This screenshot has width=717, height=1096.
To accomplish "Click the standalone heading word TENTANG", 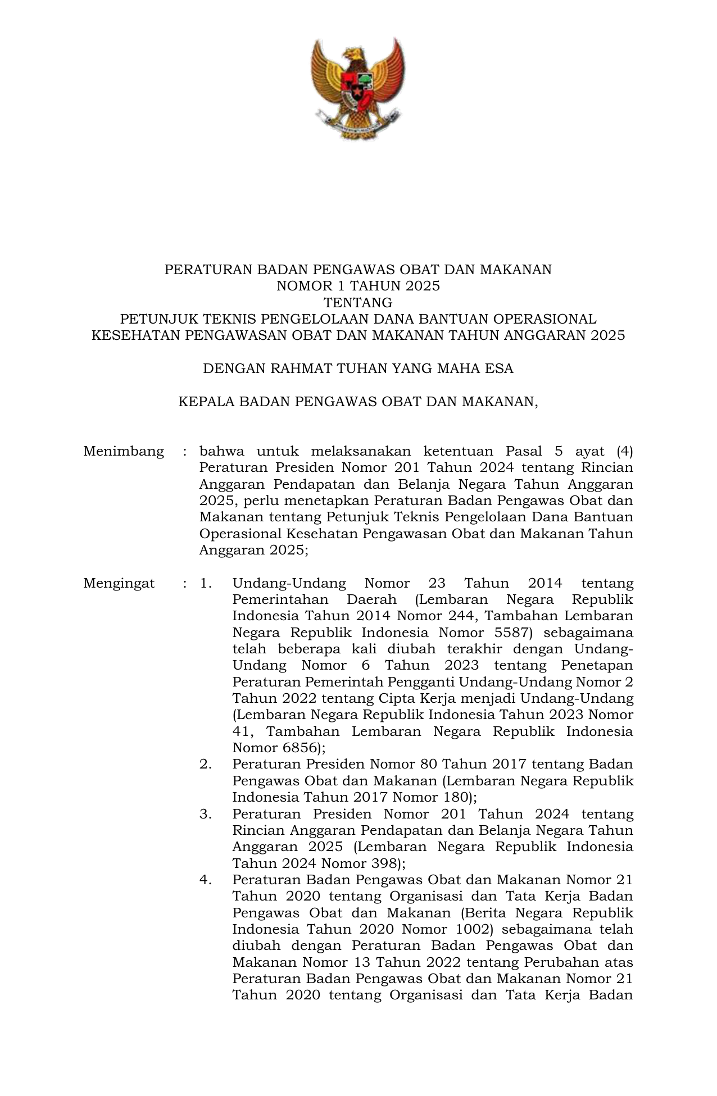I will tap(358, 303).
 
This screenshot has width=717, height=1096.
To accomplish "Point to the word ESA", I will tap(500, 369).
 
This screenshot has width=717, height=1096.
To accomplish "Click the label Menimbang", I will tap(124, 451).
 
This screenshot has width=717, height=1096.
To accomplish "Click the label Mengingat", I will tap(119, 583).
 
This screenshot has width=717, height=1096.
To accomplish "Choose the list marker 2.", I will tap(206, 764).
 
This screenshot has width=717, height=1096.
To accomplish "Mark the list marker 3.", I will tap(206, 814).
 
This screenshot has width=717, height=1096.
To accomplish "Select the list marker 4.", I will tap(206, 880).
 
